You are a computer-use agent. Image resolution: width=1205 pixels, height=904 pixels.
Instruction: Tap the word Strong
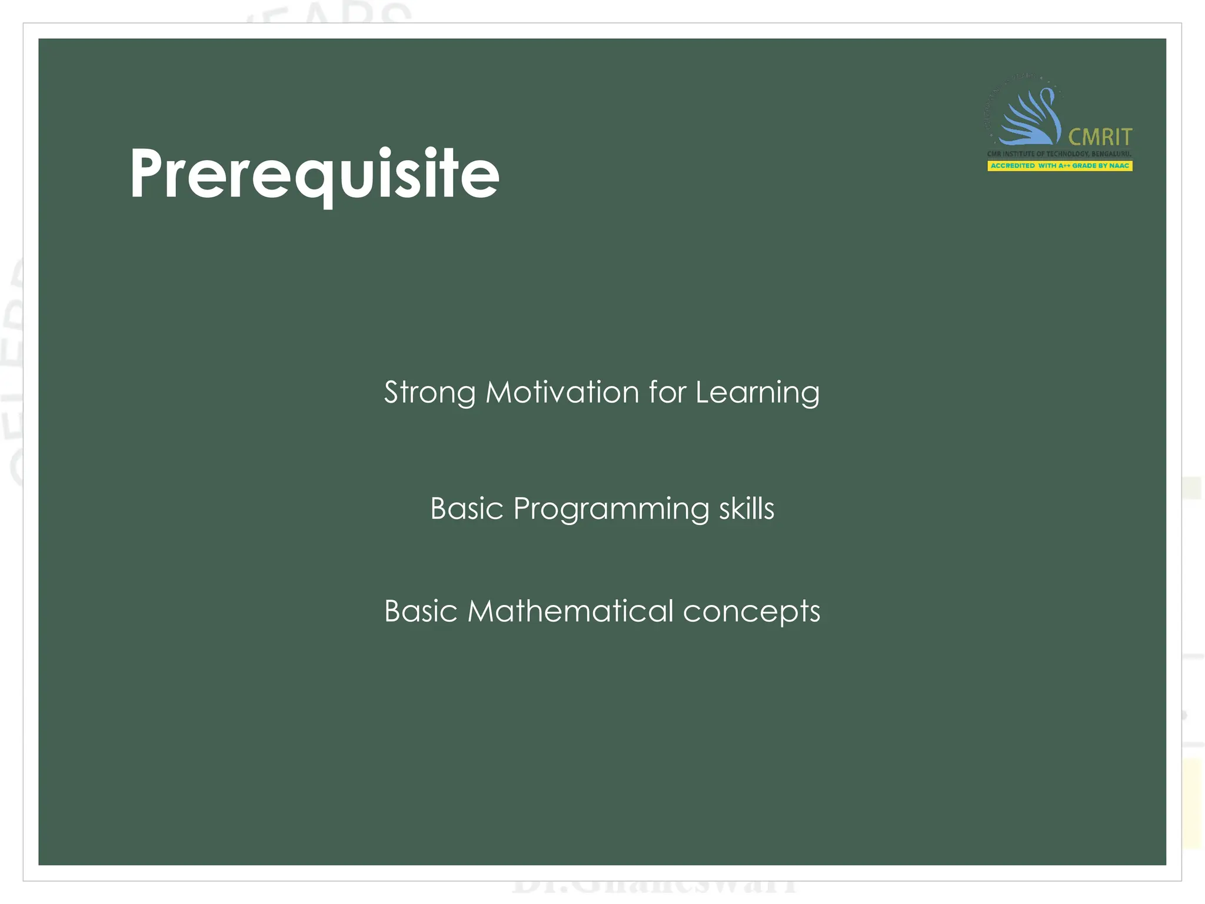coord(430,393)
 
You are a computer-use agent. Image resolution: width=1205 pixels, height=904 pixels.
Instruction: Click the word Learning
coord(757,393)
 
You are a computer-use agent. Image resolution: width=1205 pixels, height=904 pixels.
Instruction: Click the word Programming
coord(611,509)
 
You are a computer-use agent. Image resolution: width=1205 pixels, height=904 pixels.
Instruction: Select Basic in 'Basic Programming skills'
coord(467,508)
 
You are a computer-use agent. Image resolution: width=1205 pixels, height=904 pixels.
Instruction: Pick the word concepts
coord(751,612)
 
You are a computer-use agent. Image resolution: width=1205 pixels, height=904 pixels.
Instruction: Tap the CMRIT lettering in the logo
coord(1100,137)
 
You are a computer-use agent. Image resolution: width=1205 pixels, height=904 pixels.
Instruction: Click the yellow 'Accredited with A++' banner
coord(1059,166)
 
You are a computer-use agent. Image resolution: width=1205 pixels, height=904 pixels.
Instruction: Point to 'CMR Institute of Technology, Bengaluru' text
coord(1059,154)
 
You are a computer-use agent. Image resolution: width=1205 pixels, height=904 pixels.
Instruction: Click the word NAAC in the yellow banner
coord(1119,166)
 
